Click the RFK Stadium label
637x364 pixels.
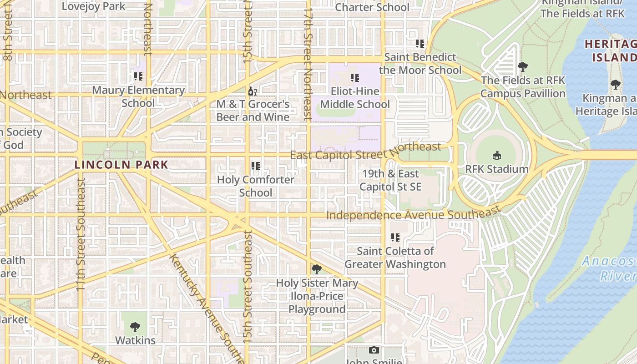(x=497, y=169)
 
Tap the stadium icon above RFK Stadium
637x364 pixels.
(x=497, y=156)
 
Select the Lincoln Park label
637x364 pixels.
(x=121, y=165)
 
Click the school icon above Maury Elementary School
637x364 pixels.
(x=138, y=76)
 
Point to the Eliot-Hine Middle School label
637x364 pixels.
(x=355, y=98)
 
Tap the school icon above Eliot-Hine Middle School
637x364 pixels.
(x=355, y=78)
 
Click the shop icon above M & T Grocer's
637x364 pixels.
(x=253, y=91)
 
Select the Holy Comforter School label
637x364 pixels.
(x=256, y=186)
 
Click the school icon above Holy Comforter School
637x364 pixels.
(x=256, y=166)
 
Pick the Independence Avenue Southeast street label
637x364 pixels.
(x=413, y=214)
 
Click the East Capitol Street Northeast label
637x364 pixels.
(x=365, y=152)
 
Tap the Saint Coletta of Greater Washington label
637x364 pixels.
(x=395, y=258)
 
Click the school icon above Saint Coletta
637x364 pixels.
(x=395, y=238)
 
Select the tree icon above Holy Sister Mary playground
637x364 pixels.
(x=317, y=269)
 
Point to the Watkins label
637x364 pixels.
(x=135, y=340)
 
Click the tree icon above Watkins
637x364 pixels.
(x=135, y=327)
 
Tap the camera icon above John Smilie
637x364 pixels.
(x=374, y=350)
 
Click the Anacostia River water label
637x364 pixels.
(x=610, y=268)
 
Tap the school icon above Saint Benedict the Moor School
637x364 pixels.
(x=420, y=44)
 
